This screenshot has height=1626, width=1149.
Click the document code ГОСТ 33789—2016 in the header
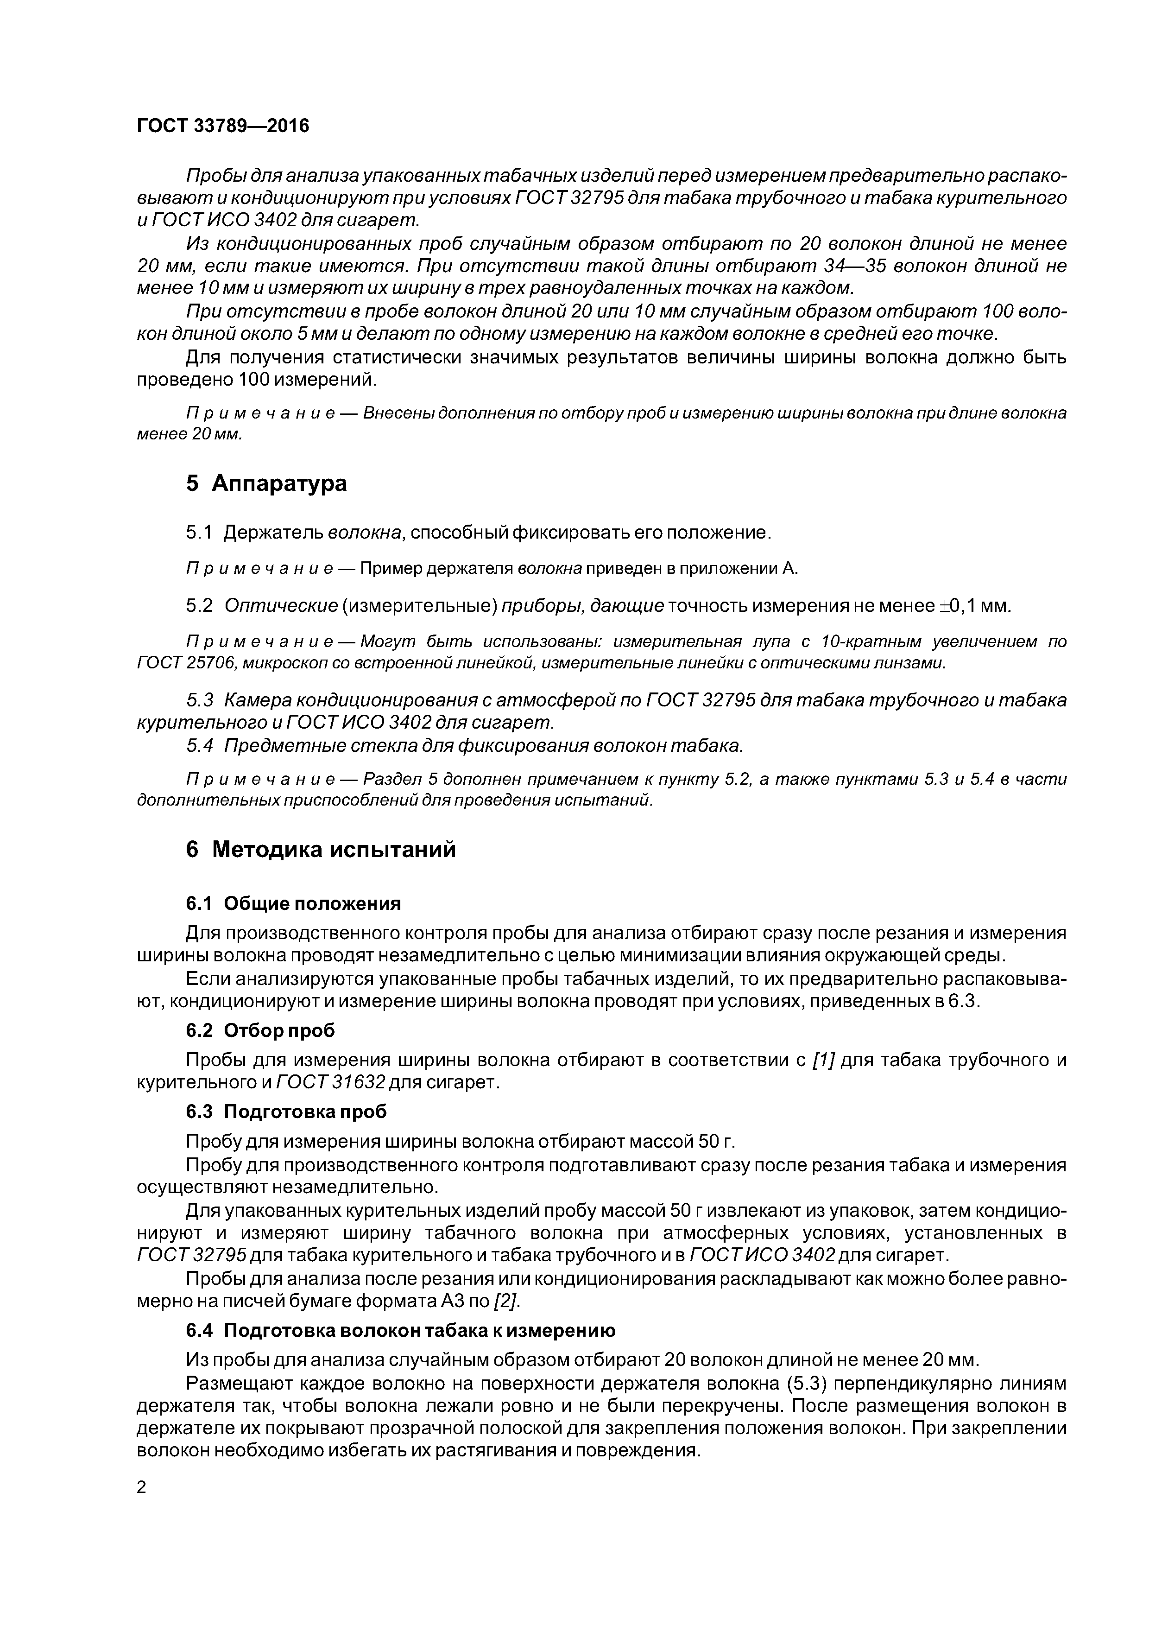223,126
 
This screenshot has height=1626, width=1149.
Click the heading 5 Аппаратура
266,484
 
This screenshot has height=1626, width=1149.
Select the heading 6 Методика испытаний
321,849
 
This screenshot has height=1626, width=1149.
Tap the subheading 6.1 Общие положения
293,904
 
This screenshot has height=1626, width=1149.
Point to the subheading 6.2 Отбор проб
260,1030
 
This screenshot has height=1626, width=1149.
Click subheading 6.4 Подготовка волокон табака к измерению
400,1331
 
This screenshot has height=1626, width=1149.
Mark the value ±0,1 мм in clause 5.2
974,606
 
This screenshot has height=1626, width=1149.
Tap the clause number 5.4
200,746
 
